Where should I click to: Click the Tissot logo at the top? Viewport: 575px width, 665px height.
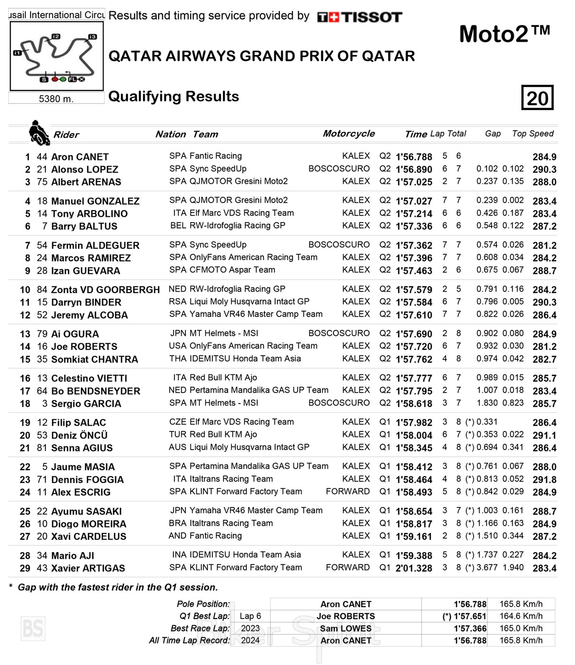[x=359, y=17]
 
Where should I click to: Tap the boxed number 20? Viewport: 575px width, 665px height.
[x=537, y=98]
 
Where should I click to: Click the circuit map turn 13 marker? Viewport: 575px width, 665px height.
[x=92, y=36]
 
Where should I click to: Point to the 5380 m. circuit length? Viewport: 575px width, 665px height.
[x=56, y=99]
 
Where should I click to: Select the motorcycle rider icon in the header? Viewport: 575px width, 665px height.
[x=39, y=133]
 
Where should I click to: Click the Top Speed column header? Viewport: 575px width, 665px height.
[x=532, y=134]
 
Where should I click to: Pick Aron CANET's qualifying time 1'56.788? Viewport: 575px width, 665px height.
[x=414, y=157]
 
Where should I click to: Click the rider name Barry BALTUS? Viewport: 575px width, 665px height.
[x=84, y=226]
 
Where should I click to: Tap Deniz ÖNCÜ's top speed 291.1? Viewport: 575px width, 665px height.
[x=544, y=435]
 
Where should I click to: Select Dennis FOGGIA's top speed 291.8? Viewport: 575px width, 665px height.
[x=544, y=479]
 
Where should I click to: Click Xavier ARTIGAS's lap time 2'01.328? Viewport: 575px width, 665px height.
[x=414, y=568]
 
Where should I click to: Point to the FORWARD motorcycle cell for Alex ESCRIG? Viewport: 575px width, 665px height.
[x=347, y=491]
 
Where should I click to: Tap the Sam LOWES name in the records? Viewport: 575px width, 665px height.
[x=345, y=628]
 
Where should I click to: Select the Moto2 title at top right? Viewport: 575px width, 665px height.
[x=504, y=34]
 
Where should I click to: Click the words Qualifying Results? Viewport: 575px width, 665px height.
[x=173, y=96]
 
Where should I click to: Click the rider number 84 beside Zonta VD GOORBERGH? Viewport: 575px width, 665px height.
[x=42, y=290]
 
